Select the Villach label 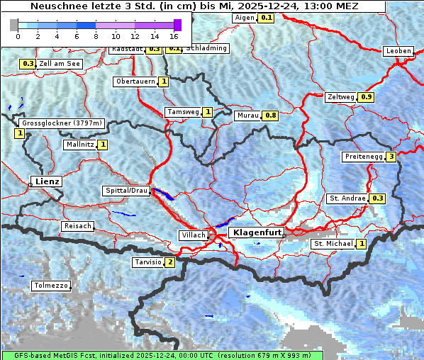click(x=193, y=235)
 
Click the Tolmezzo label click(x=51, y=286)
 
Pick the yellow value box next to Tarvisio click(x=169, y=262)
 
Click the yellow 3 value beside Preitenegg click(x=391, y=157)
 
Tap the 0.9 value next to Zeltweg click(x=366, y=97)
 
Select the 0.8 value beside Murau click(x=270, y=115)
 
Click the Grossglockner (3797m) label click(x=62, y=123)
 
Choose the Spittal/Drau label click(x=126, y=191)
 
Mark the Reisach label click(x=78, y=226)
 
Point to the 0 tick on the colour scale click(x=18, y=35)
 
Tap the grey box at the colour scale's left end click(x=14, y=25)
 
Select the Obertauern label click(x=135, y=81)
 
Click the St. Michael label click(x=333, y=244)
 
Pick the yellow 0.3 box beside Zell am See click(x=27, y=64)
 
